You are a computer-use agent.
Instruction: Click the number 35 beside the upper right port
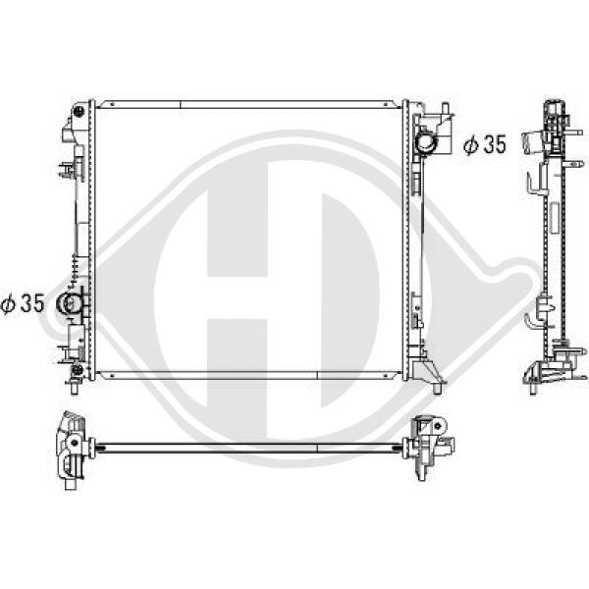(x=495, y=144)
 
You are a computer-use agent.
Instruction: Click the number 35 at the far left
(x=32, y=302)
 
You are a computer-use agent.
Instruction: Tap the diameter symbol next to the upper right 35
(x=471, y=144)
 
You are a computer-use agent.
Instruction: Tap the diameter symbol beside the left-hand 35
(x=8, y=303)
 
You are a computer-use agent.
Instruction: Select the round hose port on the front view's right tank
(x=425, y=142)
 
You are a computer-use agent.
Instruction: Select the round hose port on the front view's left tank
(x=68, y=302)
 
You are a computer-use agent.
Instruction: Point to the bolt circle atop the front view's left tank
(x=80, y=111)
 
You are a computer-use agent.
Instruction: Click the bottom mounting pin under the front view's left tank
(x=74, y=387)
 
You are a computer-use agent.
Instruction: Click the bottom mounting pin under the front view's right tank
(x=437, y=388)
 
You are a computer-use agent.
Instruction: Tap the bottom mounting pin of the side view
(x=533, y=388)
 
